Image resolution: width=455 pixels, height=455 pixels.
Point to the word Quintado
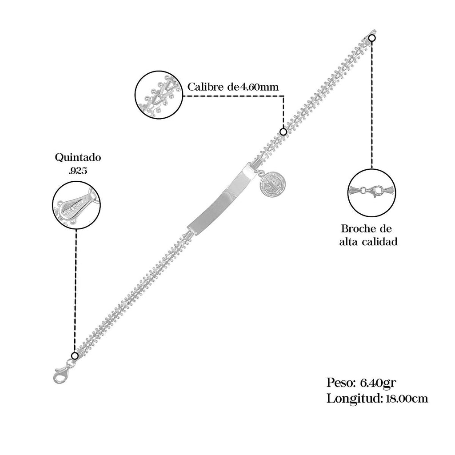click(x=78, y=157)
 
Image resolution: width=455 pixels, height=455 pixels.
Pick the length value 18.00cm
click(x=404, y=398)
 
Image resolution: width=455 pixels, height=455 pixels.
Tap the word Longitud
click(x=353, y=398)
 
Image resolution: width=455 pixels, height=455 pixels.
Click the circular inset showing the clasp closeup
click(x=371, y=192)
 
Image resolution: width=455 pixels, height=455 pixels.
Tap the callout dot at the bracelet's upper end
click(x=372, y=38)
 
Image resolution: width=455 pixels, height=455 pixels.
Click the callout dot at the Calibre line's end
click(x=283, y=132)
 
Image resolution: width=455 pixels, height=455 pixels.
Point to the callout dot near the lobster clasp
click(x=74, y=355)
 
